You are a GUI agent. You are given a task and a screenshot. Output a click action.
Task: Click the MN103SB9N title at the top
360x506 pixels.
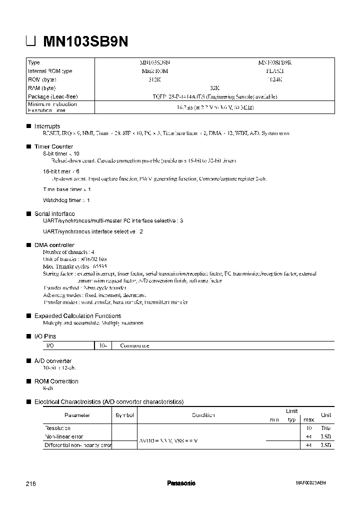coord(85,42)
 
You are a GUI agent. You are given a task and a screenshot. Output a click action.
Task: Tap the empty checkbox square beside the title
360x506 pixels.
coord(31,42)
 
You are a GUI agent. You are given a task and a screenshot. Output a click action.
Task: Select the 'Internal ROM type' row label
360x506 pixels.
coord(50,71)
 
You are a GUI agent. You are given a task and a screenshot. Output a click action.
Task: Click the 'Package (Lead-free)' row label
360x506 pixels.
coord(53,96)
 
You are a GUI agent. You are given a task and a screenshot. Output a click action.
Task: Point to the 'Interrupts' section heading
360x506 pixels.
coord(47,126)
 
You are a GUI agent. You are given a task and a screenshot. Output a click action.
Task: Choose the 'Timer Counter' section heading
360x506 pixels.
coord(53,146)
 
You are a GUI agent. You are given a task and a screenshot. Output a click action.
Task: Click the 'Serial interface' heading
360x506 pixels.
coord(54,213)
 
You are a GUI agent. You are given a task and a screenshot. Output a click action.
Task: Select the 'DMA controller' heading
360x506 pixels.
coord(54,245)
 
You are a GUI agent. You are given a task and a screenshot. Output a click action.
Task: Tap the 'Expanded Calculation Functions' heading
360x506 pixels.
coord(77,316)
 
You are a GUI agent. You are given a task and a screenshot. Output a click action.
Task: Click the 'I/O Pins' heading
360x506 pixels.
coord(45,336)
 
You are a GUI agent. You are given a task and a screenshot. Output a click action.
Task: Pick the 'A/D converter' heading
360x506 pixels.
coord(52,361)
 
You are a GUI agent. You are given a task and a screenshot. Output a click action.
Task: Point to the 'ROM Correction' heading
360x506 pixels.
coord(56,381)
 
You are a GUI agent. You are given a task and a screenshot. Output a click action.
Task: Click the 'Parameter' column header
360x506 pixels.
coord(77,415)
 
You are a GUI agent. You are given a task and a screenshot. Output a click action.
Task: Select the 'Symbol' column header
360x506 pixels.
coord(124,415)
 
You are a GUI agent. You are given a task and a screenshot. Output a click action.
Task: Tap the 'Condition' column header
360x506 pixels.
coord(203,415)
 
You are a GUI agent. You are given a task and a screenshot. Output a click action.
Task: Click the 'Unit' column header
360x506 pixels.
coord(326,415)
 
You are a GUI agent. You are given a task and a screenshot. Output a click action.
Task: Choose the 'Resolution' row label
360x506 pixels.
coord(57,428)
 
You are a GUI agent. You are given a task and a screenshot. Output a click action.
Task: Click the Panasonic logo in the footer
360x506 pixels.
coord(180,483)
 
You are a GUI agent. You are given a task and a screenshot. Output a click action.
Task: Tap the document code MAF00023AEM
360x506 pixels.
coord(310,483)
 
